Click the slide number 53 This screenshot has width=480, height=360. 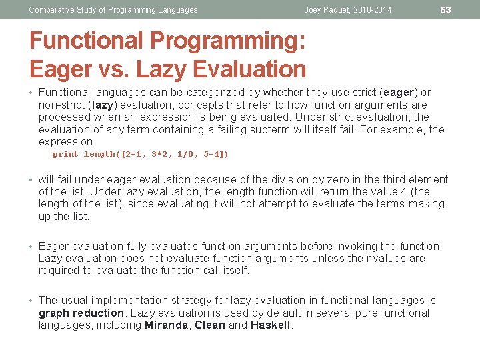pos(446,9)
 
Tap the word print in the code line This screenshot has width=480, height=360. pos(65,154)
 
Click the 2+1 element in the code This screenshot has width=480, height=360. pos(133,154)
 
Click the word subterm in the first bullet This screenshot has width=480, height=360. pos(281,129)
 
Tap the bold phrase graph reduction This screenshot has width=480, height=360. pos(81,313)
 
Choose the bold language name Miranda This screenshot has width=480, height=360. pos(167,325)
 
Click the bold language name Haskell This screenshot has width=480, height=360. pos(270,325)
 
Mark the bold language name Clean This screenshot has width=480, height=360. pos(209,325)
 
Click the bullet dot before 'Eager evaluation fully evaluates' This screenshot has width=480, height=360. pos(32,247)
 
